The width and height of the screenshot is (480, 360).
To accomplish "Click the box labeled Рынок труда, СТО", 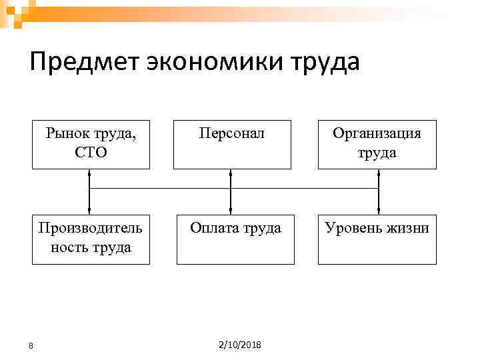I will click(x=90, y=144).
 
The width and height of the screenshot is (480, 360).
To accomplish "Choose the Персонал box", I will click(x=232, y=144).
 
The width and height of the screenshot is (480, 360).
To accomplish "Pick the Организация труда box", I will click(x=377, y=144).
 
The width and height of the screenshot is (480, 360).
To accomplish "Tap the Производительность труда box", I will click(x=91, y=239).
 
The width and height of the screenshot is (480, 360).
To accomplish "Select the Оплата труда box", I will click(x=235, y=239).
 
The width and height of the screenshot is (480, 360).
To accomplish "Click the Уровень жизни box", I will click(x=377, y=239).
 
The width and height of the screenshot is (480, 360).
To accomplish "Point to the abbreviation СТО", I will click(x=91, y=153).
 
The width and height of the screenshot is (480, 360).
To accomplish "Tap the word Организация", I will click(x=377, y=134).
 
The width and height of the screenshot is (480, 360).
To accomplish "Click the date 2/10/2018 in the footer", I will click(x=240, y=344).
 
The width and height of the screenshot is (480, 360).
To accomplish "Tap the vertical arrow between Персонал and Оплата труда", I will click(x=231, y=191).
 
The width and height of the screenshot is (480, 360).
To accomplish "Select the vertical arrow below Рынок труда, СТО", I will click(x=89, y=191).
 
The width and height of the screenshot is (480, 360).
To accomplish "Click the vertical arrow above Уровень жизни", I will click(x=378, y=191).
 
